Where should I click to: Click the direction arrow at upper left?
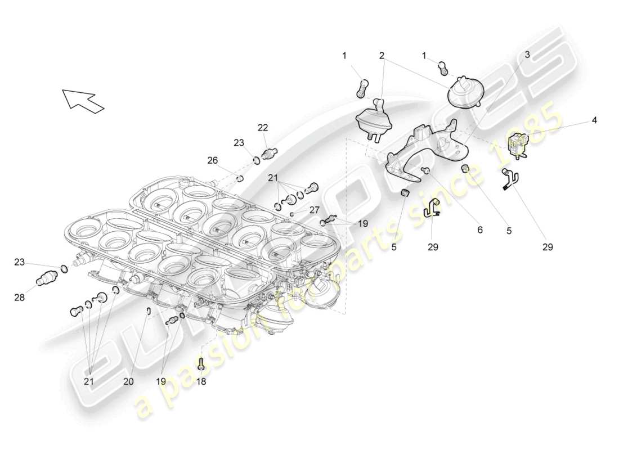pyautogui.click(x=82, y=100)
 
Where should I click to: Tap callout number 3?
pyautogui.click(x=527, y=55)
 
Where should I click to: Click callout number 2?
pyautogui.click(x=382, y=56)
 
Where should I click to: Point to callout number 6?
pyautogui.click(x=479, y=229)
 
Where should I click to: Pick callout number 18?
pyautogui.click(x=201, y=381)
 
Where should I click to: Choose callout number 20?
pyautogui.click(x=129, y=381)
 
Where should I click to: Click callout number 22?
pyautogui.click(x=263, y=128)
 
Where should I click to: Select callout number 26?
pyautogui.click(x=212, y=160)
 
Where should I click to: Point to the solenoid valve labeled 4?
pyautogui.click(x=517, y=144)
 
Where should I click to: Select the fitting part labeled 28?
pyautogui.click(x=44, y=278)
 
